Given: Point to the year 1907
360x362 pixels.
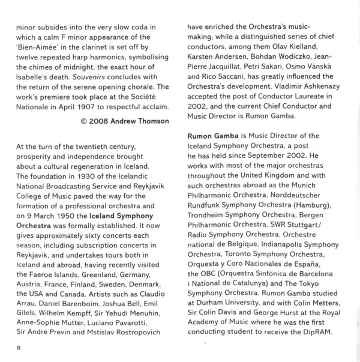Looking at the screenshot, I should coord(89,109).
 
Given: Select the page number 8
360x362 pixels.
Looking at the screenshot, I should coord(19,348).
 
